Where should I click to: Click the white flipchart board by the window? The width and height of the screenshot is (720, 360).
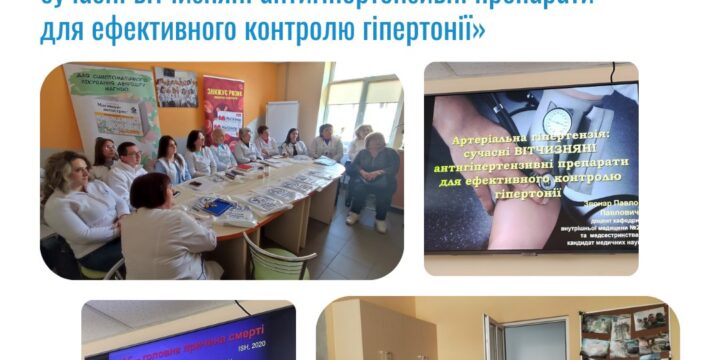tap(281, 120)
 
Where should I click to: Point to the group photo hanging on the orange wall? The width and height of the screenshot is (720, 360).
tap(175, 87)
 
